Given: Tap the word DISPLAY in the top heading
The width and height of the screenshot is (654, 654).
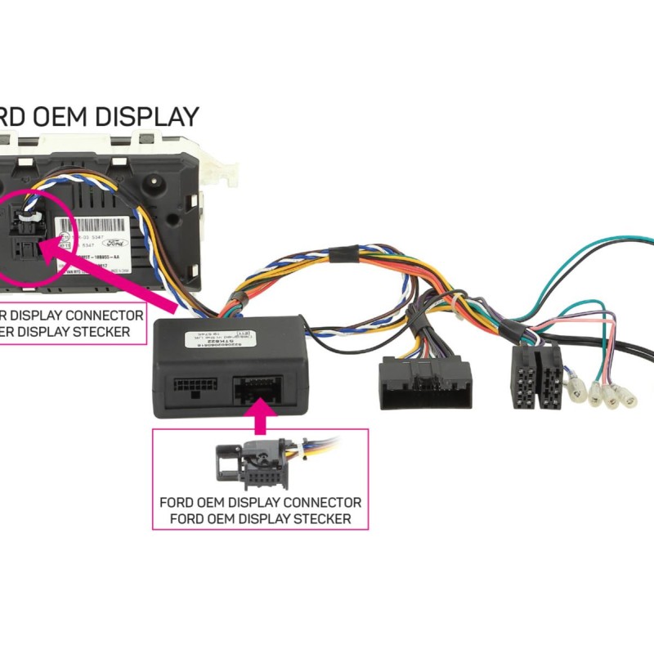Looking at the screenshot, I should click(147, 117).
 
